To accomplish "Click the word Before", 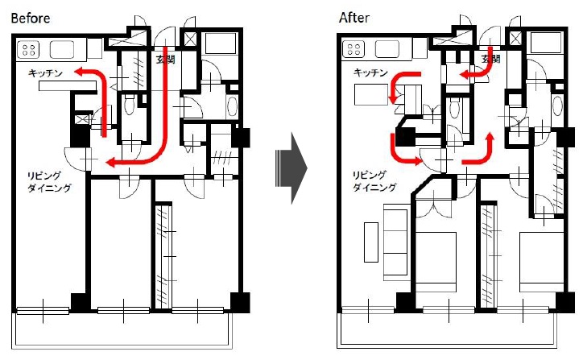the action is [x=31, y=18].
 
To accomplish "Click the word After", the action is [x=354, y=18].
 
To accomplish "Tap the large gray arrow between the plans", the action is [x=291, y=168].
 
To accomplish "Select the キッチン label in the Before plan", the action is [x=45, y=73].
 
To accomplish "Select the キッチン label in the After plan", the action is [x=370, y=72].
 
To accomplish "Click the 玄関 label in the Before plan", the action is [x=166, y=60].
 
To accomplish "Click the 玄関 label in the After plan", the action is [x=490, y=59].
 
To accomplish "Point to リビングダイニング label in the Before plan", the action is [x=49, y=181].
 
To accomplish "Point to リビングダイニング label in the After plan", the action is [x=374, y=180].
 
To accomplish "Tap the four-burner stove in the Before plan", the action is [x=29, y=50].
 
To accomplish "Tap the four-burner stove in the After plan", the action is [x=354, y=49].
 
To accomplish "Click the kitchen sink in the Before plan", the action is [x=62, y=49].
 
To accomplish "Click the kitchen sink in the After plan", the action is [x=387, y=49].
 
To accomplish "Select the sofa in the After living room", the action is [x=395, y=241].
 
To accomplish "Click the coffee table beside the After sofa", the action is [x=370, y=242].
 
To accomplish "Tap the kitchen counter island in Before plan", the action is [x=68, y=86].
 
